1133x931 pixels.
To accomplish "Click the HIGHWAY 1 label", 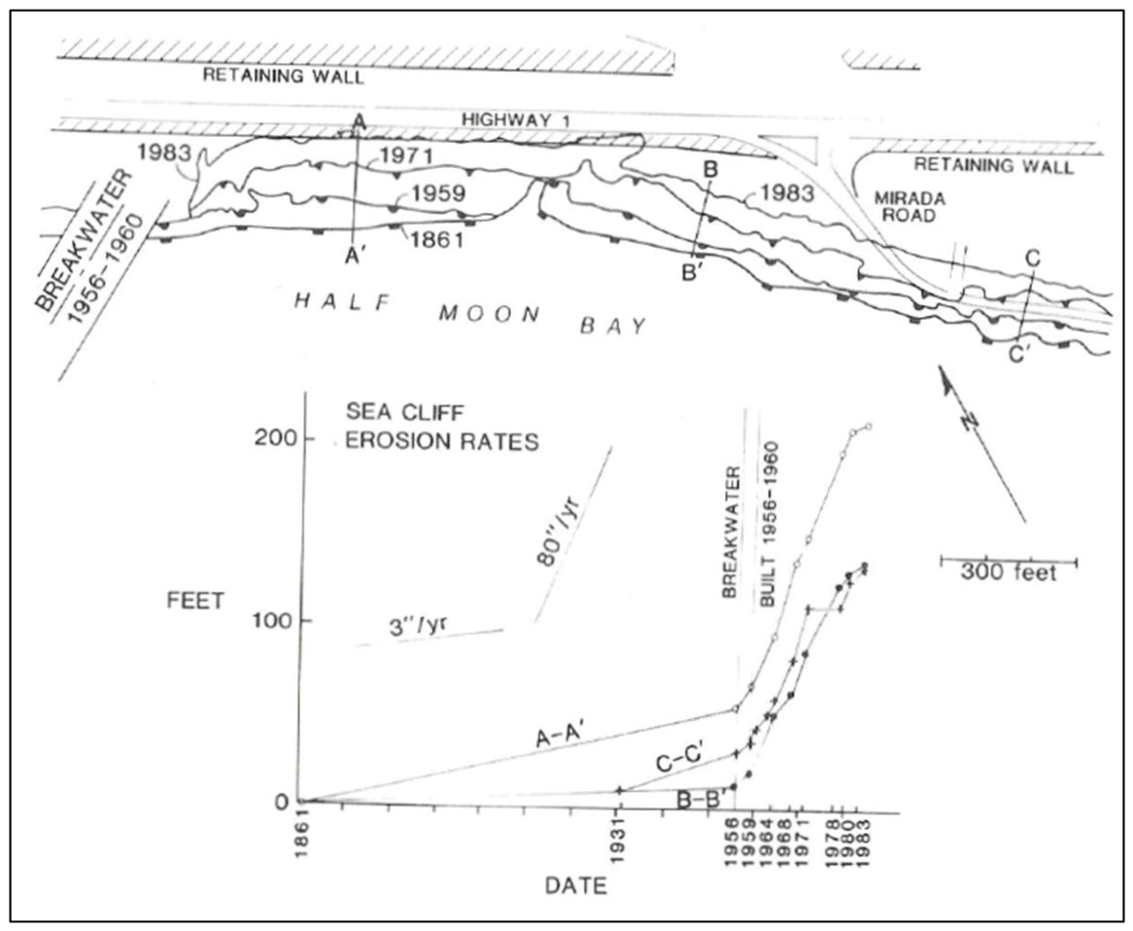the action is pos(517,120).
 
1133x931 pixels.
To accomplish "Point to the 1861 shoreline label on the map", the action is pos(436,239).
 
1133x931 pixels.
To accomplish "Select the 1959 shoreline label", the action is pos(439,193).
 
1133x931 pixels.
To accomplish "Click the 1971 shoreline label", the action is pos(406,156).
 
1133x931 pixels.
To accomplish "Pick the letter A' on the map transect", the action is pos(353,255).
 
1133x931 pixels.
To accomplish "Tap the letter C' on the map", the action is pos(1017,354).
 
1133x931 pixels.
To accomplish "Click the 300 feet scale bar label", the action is pos(1008,572).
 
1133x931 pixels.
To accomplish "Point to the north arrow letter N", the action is pos(972,420).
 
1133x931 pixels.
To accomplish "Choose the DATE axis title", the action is pos(576,885).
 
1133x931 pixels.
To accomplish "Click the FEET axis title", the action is pos(195,601).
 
